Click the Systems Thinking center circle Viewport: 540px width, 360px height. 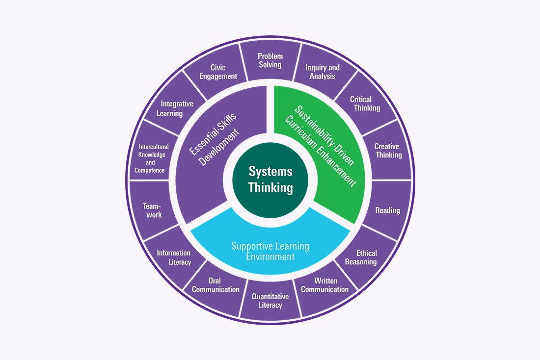point(270,180)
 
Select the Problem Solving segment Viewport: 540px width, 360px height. point(270,60)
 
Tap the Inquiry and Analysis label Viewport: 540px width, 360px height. point(322,72)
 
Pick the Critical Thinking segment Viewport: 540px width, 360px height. point(364,103)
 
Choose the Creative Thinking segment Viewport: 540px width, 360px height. point(387,151)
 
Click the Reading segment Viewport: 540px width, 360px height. point(387,210)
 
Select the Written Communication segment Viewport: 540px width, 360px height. point(324,285)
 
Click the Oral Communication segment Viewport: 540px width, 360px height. point(216,285)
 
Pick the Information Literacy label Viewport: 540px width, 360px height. point(173,257)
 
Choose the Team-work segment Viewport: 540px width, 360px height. point(152,210)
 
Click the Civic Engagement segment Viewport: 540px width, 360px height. point(218,72)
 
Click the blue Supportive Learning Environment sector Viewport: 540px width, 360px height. point(270,250)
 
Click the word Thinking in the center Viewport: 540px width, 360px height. point(270,188)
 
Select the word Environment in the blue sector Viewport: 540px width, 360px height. point(270,257)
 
